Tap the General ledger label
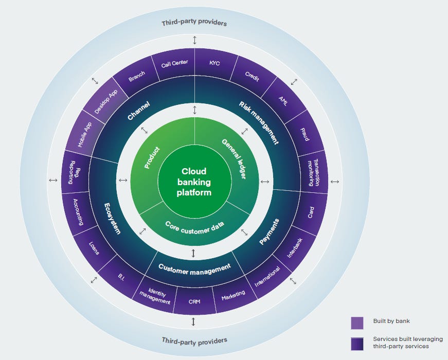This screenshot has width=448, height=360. coord(235,159)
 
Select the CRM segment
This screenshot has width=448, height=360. coord(194,301)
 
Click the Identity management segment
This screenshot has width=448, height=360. coord(155,297)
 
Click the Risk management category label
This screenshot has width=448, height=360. coord(259,122)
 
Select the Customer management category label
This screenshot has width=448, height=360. coord(194,267)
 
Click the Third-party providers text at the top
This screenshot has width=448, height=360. coord(194,23)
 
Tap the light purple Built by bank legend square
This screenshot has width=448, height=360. coord(357,322)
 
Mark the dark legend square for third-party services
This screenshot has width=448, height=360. coord(357,344)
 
